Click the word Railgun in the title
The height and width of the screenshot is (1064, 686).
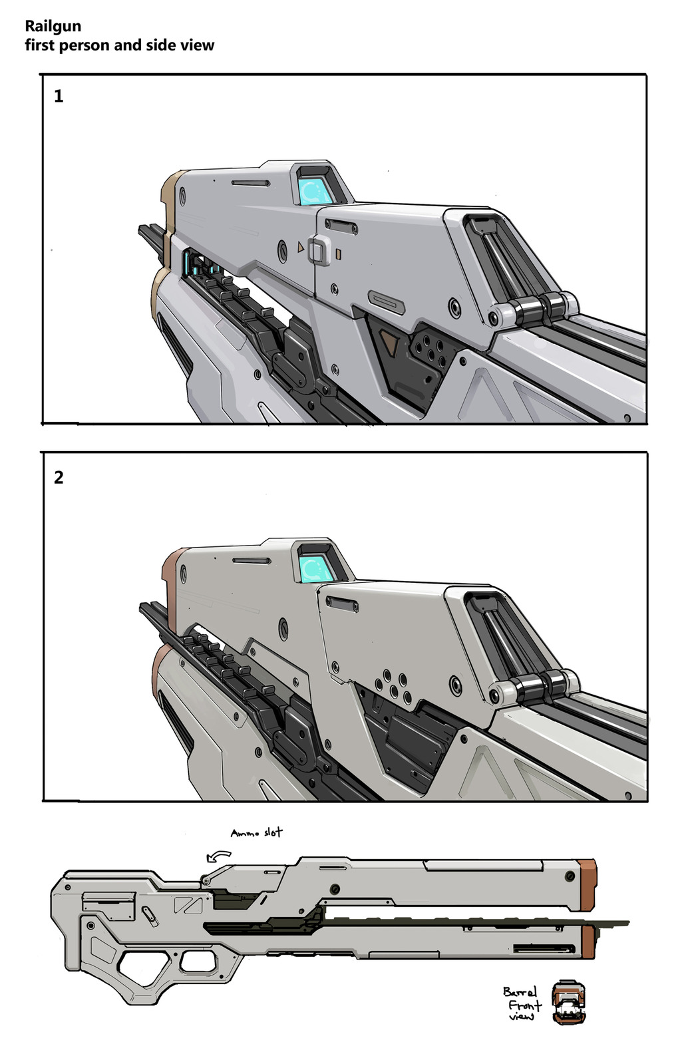point(53,26)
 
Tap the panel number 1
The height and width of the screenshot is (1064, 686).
point(59,96)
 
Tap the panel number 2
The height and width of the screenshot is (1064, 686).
point(59,477)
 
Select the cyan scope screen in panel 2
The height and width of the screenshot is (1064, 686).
point(317,568)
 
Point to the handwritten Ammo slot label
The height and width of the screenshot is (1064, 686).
point(257,833)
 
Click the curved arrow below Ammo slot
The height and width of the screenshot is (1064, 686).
point(218,856)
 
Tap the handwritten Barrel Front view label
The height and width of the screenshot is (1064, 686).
point(522,1003)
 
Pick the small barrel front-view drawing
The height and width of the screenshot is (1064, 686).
point(569,1001)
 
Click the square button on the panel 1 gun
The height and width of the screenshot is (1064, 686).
point(319,250)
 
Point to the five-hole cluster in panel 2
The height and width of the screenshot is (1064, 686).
point(393,687)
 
